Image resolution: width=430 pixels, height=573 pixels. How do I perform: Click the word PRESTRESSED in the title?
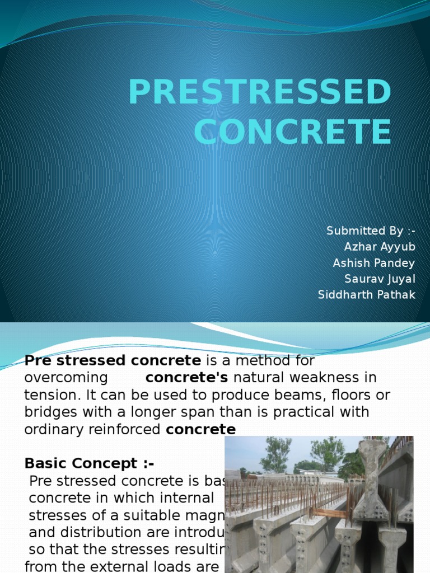259,93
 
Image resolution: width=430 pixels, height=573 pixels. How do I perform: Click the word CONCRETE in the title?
292,132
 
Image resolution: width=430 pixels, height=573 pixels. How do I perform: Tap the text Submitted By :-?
371,231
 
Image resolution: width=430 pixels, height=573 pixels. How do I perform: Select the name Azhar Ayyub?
380,247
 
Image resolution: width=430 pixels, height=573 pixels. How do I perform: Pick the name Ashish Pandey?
374,263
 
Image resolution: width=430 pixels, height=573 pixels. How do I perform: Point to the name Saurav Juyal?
380,279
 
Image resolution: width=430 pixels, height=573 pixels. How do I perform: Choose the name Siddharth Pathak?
367,294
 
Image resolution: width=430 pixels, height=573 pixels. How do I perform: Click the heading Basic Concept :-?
89,463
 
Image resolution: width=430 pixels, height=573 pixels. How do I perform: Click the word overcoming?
66,378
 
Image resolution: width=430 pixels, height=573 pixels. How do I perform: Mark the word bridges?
48,412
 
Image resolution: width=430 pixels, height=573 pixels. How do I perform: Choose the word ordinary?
50,430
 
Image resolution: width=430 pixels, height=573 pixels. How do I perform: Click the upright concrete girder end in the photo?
370,481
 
